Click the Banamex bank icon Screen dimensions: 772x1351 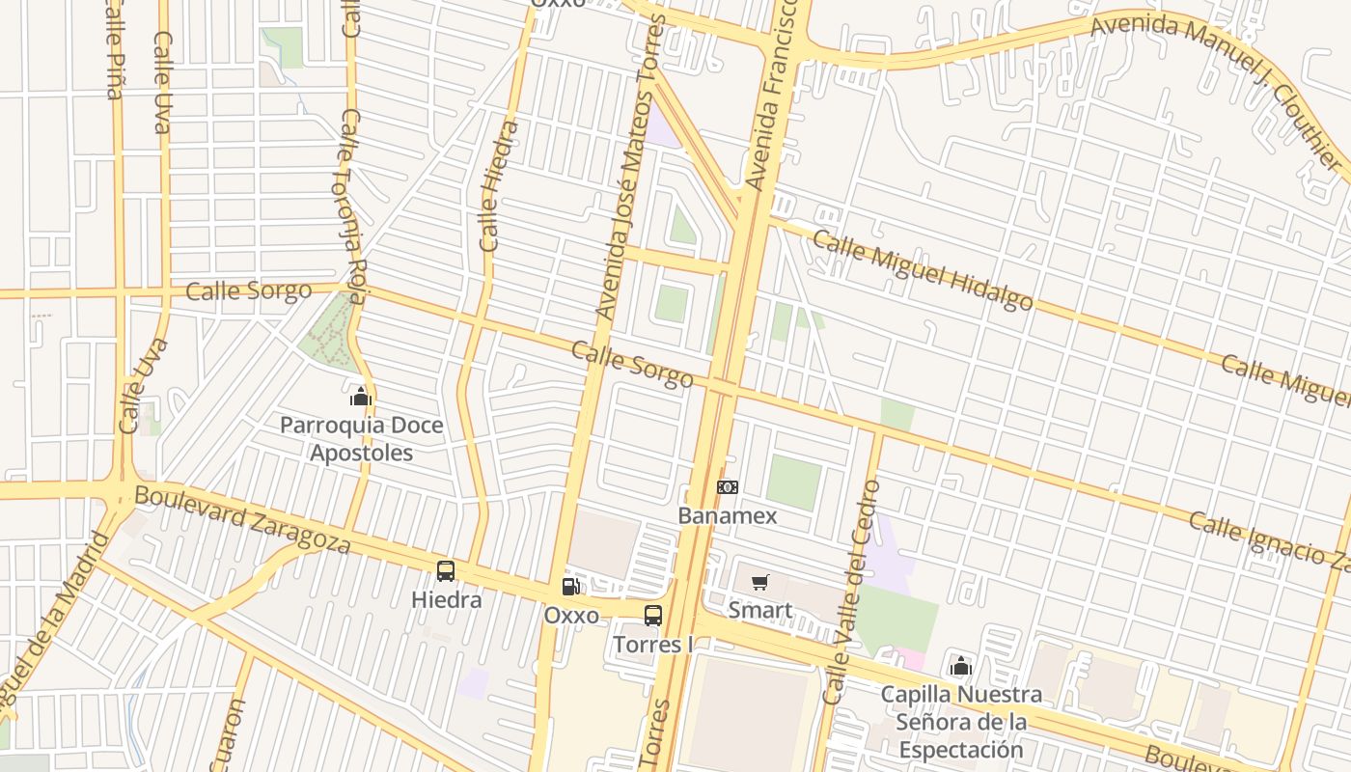(728, 487)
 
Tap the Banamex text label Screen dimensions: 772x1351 (727, 515)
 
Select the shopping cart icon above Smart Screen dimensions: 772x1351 (760, 582)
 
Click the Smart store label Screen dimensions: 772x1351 (760, 610)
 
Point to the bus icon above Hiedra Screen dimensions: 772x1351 (446, 571)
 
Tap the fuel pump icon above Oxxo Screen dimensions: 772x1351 (571, 586)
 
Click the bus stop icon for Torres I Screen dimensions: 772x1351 (653, 616)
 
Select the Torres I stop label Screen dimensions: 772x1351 (653, 644)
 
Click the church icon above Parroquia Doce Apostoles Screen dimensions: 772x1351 (361, 396)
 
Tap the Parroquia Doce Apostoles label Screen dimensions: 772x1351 (361, 439)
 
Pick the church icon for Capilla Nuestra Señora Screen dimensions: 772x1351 (960, 666)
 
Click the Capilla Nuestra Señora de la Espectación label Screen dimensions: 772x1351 (960, 722)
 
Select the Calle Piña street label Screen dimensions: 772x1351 (113, 48)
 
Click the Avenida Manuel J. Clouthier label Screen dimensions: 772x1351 (1216, 82)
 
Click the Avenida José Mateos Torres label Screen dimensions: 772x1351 (631, 169)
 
